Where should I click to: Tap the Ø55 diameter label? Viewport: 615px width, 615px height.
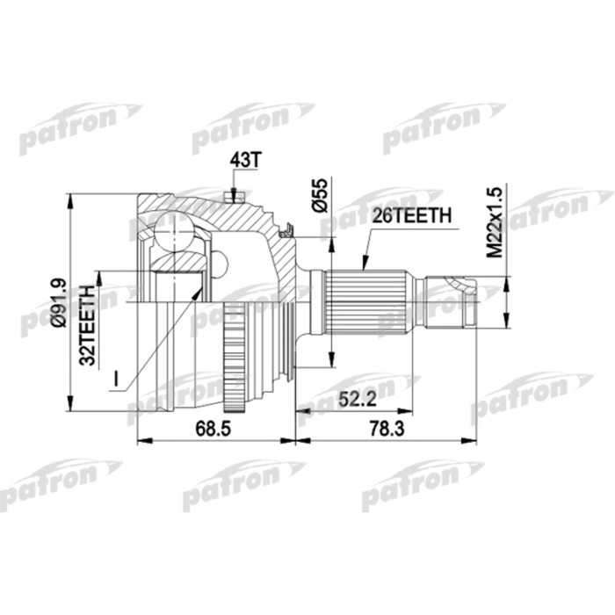tap(322, 194)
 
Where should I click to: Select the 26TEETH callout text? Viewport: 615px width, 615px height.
tap(413, 214)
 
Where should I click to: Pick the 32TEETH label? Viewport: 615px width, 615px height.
tap(88, 325)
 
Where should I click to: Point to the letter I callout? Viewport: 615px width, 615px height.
tap(114, 380)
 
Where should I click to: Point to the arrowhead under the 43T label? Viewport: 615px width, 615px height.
tap(234, 195)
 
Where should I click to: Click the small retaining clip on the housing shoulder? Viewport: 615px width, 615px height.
tap(286, 232)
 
